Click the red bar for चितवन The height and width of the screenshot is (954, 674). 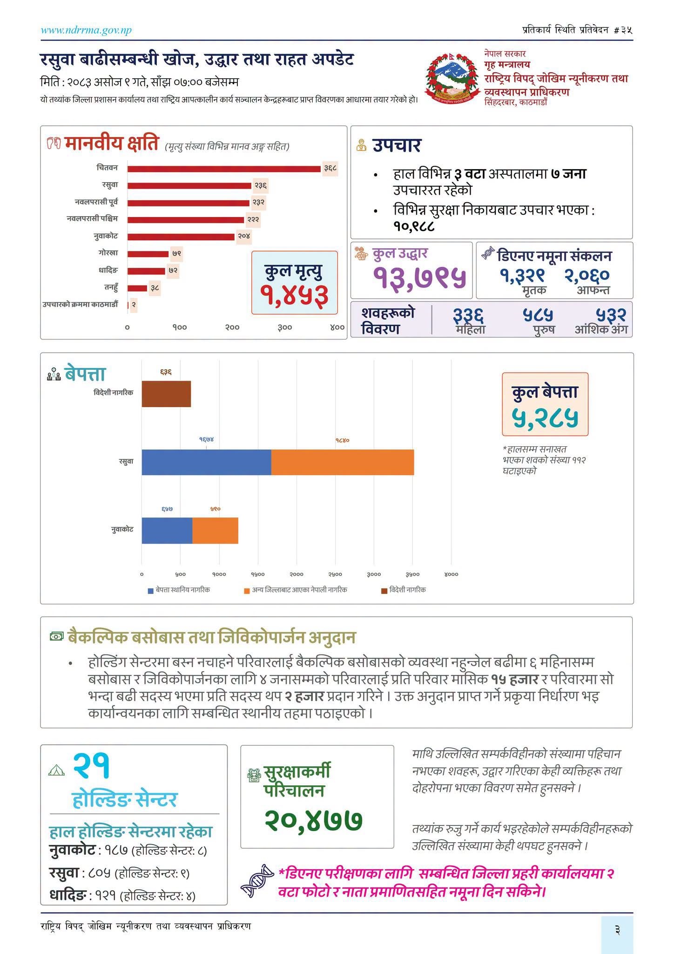224,168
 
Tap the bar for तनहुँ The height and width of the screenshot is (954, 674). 137,288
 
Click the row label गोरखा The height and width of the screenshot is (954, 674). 108,253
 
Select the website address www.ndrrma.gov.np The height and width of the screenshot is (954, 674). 86,31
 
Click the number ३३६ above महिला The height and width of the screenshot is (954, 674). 468,315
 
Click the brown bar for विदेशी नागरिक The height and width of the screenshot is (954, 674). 166,394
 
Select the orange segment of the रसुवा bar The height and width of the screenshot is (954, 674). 343,462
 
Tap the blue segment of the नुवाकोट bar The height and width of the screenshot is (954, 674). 167,530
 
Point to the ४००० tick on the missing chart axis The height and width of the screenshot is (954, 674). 451,574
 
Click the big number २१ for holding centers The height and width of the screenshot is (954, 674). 91,765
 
